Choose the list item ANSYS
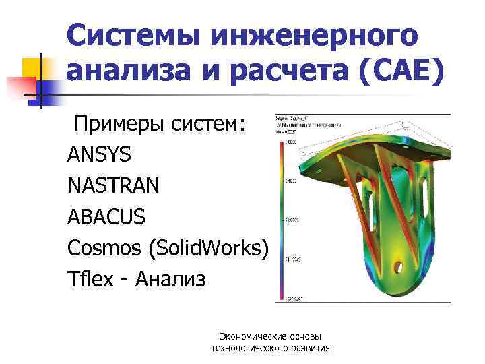point(99,155)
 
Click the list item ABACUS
point(106,217)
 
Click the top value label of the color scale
point(290,143)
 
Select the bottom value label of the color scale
point(291,298)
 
